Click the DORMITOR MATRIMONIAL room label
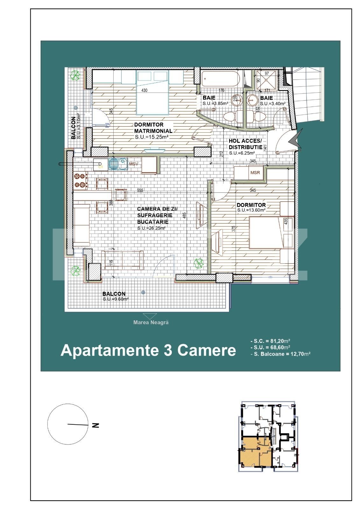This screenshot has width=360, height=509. coord(153,128)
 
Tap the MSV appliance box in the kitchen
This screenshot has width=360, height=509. coord(134,164)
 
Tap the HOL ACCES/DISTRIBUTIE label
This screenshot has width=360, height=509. coord(245,144)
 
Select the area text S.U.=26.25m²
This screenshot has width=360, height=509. coord(151,228)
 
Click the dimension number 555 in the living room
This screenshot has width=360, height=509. coord(140,191)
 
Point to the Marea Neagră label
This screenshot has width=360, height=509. coord(151,322)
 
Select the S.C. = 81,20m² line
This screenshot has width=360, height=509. coord(270,341)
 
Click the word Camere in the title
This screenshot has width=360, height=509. coord(207,350)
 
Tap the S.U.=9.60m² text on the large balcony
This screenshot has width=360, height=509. coord(116,299)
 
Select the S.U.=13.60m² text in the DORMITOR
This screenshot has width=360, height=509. coord(251,210)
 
